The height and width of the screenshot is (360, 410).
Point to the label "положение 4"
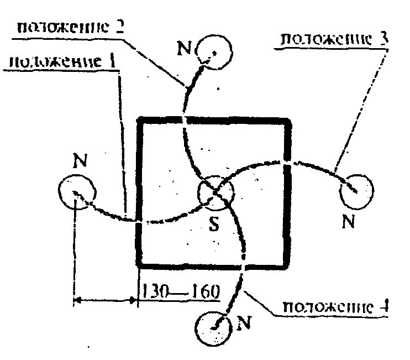[333, 307]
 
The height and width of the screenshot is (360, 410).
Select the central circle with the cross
[216, 192]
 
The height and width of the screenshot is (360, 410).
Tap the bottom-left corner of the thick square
[140, 264]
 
